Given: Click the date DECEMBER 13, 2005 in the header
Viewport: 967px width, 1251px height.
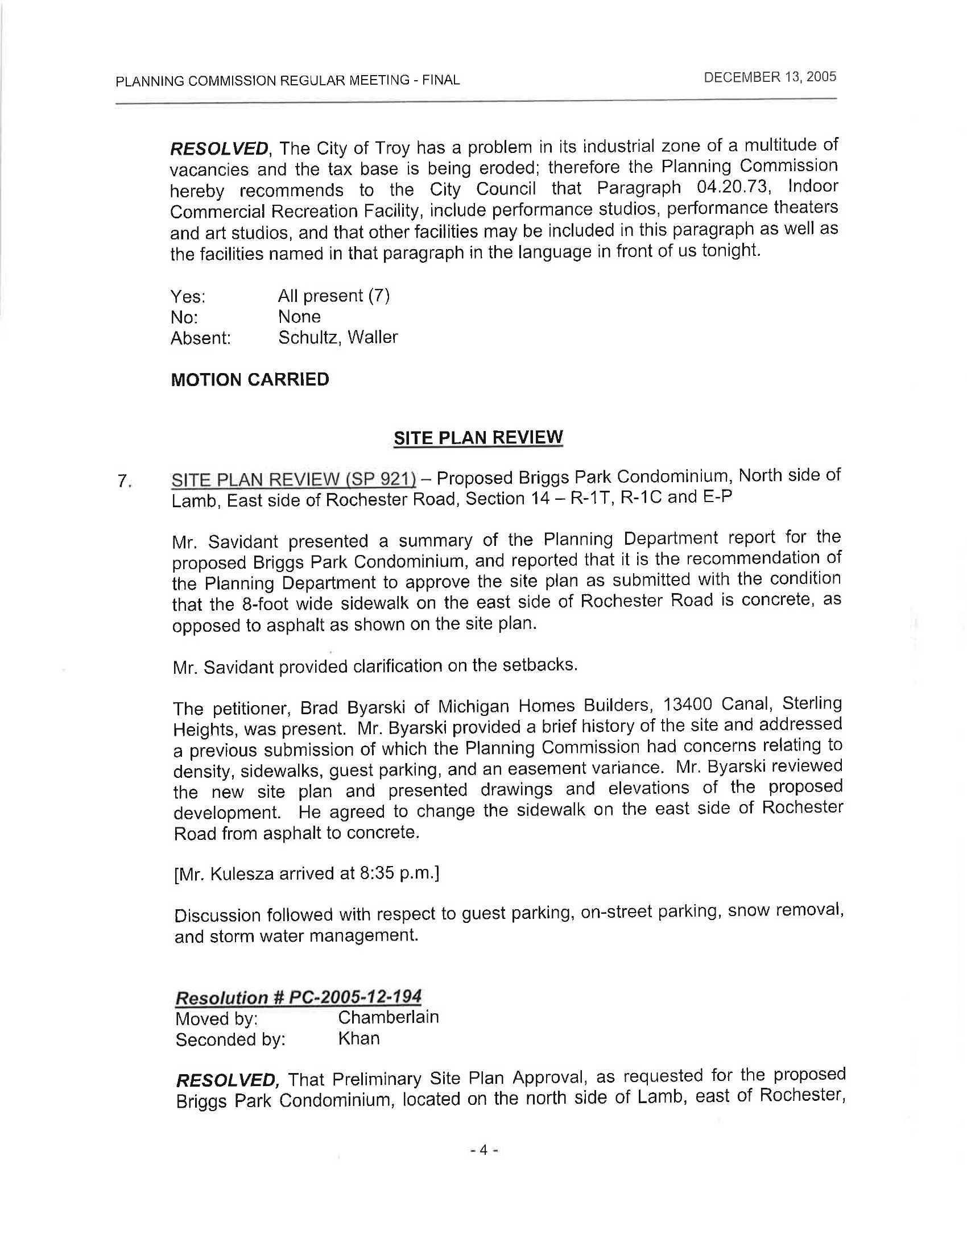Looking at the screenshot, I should (770, 77).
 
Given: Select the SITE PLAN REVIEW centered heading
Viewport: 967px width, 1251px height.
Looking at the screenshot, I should (478, 438).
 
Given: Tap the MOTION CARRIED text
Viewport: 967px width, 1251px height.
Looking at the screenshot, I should (250, 379).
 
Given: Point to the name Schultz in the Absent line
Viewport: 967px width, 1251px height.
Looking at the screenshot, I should (307, 337).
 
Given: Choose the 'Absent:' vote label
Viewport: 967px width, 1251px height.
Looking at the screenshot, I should (200, 338).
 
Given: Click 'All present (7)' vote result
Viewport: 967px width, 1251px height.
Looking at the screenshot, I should (333, 296).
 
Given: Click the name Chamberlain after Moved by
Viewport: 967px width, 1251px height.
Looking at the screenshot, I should (389, 1017).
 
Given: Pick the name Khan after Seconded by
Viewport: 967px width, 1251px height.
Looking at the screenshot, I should (358, 1038).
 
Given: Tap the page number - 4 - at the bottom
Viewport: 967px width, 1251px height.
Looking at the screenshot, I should (483, 1150).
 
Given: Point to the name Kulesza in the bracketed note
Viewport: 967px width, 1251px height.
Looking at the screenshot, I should (243, 874).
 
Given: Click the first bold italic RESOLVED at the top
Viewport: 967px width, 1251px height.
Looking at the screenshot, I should (219, 148).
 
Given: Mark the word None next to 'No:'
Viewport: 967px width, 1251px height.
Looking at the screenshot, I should (299, 316).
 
